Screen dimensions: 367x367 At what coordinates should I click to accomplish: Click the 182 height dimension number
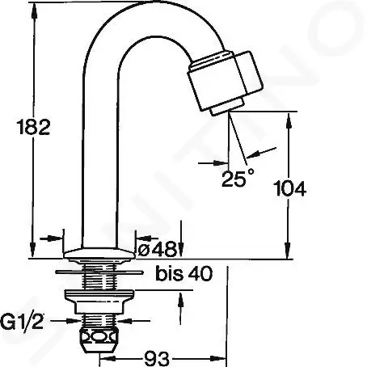pyautogui.click(x=33, y=127)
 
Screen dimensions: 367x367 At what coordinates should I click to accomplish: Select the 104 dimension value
pyautogui.click(x=289, y=189)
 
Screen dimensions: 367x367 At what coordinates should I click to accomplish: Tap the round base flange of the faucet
pyautogui.click(x=98, y=255)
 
